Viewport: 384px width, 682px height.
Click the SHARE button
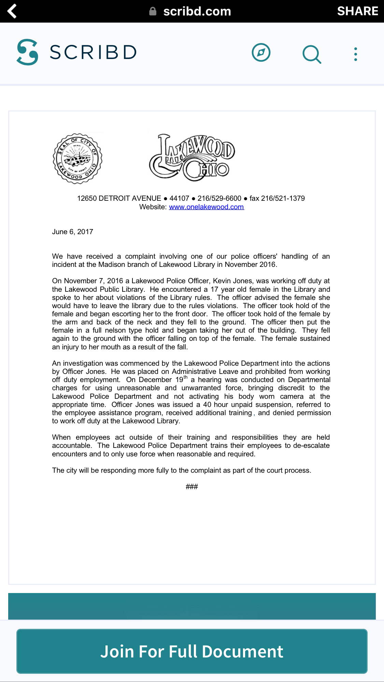pyautogui.click(x=357, y=11)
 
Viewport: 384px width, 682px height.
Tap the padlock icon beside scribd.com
pyautogui.click(x=153, y=11)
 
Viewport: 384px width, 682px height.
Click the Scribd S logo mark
pyautogui.click(x=27, y=52)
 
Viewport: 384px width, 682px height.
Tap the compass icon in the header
pyautogui.click(x=261, y=52)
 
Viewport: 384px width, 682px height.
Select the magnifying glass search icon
pyautogui.click(x=312, y=54)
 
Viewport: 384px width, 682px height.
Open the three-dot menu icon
pyautogui.click(x=356, y=54)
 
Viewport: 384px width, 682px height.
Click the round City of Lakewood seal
pyautogui.click(x=77, y=158)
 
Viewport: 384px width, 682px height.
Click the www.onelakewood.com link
pyautogui.click(x=207, y=207)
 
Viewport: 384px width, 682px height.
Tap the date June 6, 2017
pyautogui.click(x=72, y=232)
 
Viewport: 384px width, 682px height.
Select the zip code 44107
pyautogui.click(x=179, y=198)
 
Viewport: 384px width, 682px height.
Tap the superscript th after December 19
pyautogui.click(x=186, y=377)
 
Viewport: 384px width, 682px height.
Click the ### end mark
pyautogui.click(x=192, y=487)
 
